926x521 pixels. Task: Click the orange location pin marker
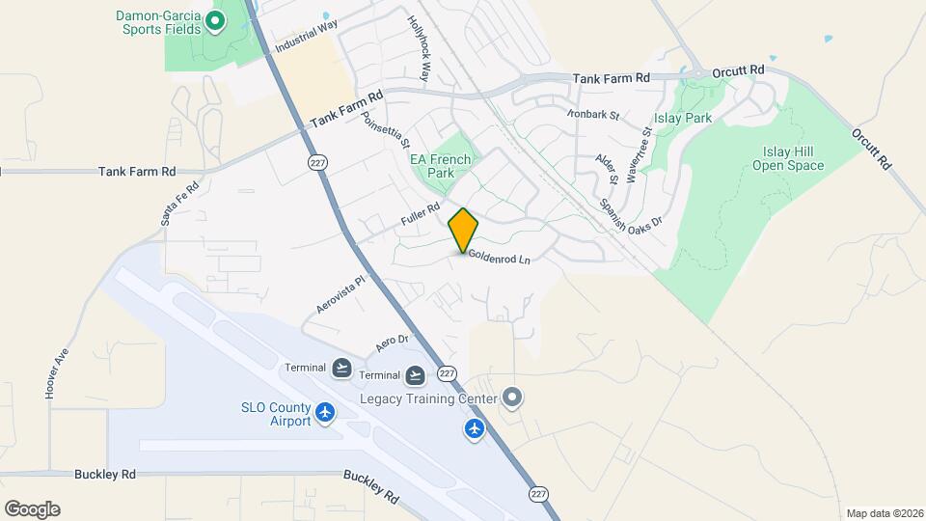(464, 231)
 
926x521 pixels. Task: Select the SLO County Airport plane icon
(324, 413)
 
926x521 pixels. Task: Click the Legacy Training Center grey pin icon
(512, 398)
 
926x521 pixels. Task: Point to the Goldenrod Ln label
(500, 259)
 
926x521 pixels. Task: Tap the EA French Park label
(441, 166)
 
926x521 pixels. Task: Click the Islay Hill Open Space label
(788, 159)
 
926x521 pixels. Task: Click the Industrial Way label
(306, 37)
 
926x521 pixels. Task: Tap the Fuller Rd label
(421, 215)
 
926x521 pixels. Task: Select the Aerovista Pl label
(342, 294)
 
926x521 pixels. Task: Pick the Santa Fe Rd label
(179, 205)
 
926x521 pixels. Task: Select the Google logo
(32, 508)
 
